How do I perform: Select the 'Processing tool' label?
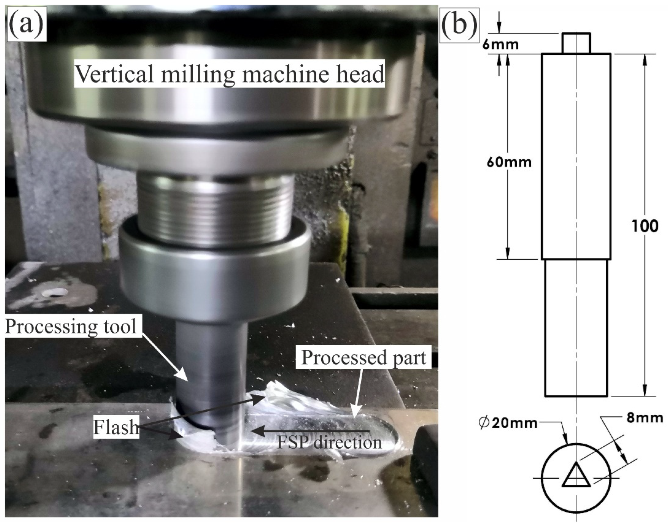[71, 326]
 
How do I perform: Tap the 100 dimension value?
[644, 226]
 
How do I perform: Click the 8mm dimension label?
[644, 418]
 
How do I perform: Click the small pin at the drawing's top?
[576, 43]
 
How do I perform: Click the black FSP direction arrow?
[309, 430]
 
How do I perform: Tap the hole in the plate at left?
[56, 292]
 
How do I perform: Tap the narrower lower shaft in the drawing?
[576, 328]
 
